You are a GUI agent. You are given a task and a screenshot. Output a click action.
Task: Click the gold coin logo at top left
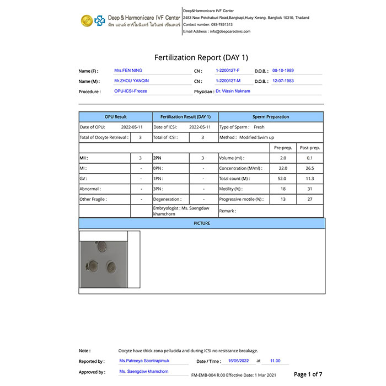click(86, 20)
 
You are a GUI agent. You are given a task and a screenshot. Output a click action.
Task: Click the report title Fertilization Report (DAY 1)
click(201, 57)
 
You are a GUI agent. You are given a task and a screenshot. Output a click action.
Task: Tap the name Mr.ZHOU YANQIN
click(131, 81)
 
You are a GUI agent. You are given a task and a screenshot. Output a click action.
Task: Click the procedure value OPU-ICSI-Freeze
click(130, 91)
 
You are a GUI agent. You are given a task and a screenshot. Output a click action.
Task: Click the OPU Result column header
click(116, 117)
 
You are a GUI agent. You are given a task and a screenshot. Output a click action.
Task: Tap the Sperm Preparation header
click(271, 117)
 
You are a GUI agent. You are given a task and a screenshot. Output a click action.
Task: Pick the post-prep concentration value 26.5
click(310, 168)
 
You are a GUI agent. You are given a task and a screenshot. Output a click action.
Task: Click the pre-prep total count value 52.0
click(283, 179)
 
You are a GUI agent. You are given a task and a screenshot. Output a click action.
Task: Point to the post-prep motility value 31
click(310, 189)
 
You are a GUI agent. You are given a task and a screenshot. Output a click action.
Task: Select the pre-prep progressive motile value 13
click(283, 199)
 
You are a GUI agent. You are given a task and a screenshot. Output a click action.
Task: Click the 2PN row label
click(158, 158)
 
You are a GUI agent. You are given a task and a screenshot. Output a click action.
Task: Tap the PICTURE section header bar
click(201, 223)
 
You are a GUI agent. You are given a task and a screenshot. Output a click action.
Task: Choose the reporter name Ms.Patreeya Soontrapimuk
click(144, 361)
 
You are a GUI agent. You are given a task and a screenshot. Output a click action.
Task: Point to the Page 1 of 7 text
click(308, 374)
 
